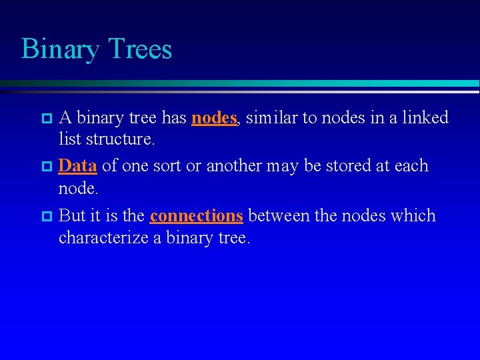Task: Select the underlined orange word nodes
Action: click(x=214, y=118)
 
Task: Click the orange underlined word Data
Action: click(x=77, y=166)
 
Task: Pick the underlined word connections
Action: click(x=196, y=216)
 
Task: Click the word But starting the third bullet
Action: click(x=72, y=216)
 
